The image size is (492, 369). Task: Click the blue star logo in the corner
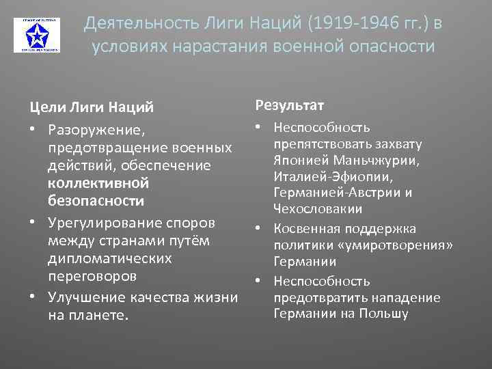pyautogui.click(x=36, y=35)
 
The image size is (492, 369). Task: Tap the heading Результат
pyautogui.click(x=290, y=105)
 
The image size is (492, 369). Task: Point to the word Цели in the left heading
pyautogui.click(x=44, y=107)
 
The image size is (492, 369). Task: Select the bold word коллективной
pyautogui.click(x=98, y=183)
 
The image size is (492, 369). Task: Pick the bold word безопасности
pyautogui.click(x=96, y=201)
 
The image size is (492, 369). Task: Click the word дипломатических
pyautogui.click(x=110, y=259)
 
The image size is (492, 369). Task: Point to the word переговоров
pyautogui.click(x=92, y=277)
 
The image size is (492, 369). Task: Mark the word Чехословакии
pyautogui.click(x=317, y=209)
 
